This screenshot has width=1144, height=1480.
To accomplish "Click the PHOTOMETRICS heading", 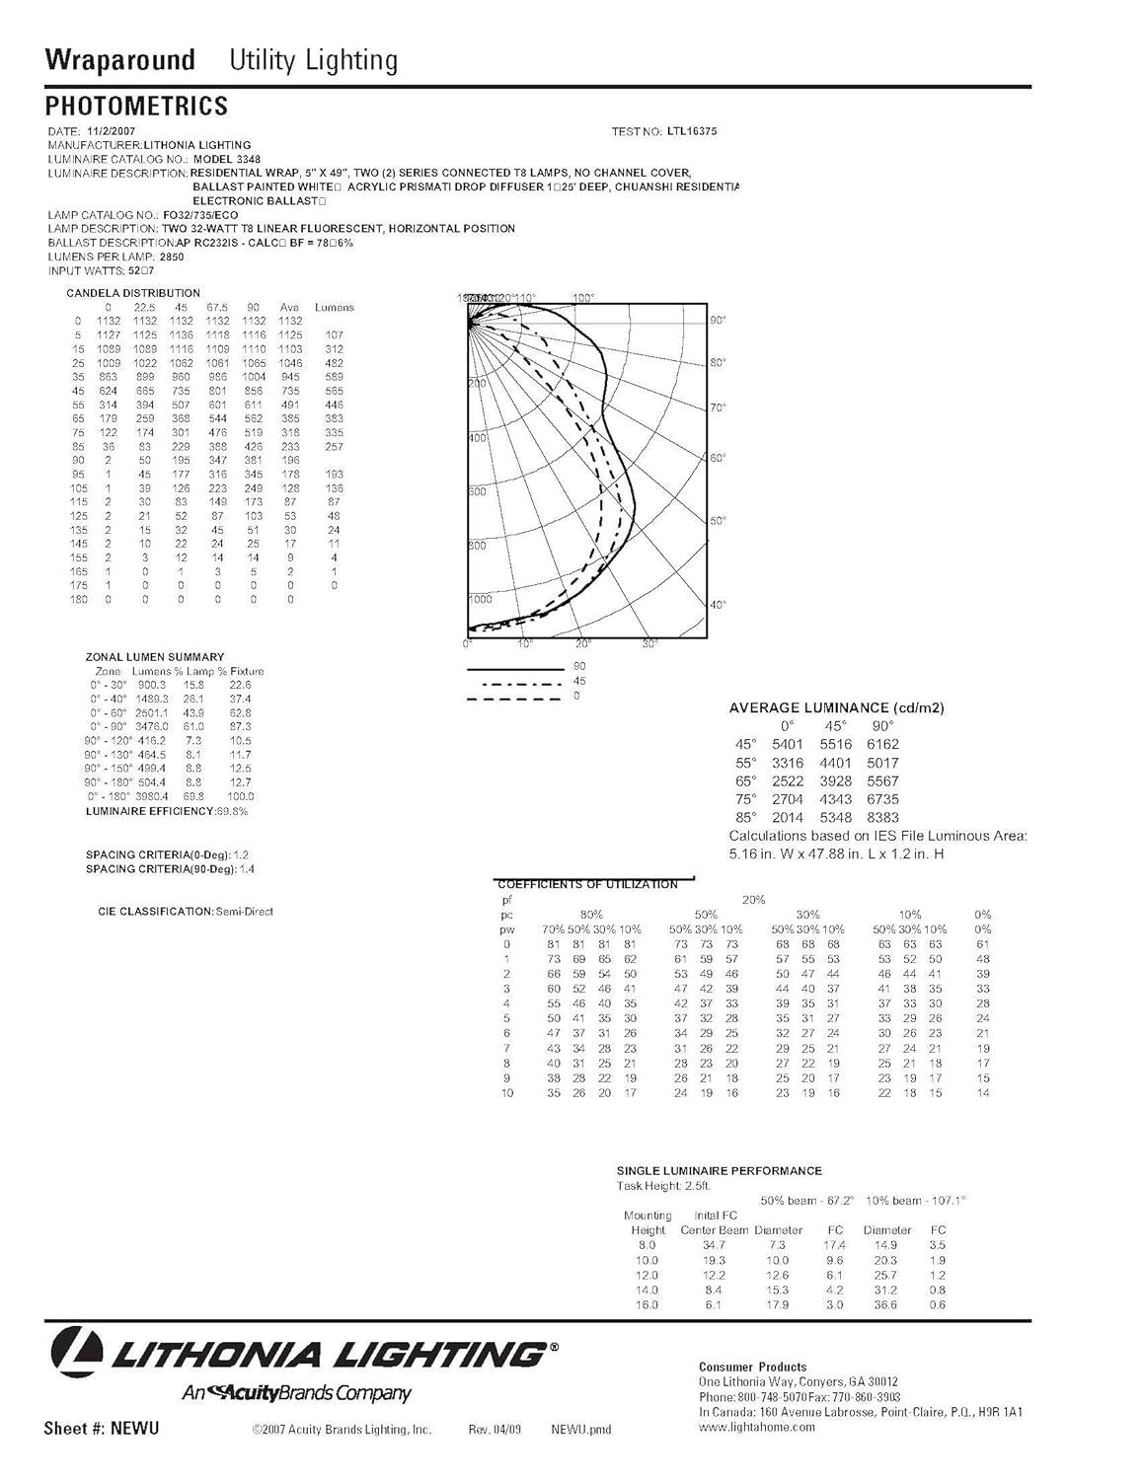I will pos(136,106).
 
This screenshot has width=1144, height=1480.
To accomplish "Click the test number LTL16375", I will pos(690,131).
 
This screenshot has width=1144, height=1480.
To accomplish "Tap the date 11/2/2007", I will pos(112,131).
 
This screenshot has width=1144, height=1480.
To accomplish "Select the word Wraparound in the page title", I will pos(119,60).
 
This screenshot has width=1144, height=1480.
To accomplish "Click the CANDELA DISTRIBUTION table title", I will pos(133,293).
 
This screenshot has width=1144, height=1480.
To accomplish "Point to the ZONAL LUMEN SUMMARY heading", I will pos(155,657).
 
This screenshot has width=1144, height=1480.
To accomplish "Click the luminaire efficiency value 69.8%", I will pos(231,811).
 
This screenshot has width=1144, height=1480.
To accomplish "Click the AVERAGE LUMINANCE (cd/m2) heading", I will pos(836,707).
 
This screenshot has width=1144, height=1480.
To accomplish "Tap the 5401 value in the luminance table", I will pos(788,744).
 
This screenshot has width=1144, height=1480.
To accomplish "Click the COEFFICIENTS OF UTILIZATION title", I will pos(588,885).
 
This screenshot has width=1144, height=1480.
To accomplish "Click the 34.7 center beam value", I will pos(713,1245).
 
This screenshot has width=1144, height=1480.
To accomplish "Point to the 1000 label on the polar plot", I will pos(480,599).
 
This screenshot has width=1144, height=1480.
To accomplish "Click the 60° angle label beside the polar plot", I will pos(718,458).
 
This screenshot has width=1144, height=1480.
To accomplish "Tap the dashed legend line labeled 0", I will pos(513,699).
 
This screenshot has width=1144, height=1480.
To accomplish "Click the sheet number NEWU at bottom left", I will pos(134,1429).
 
